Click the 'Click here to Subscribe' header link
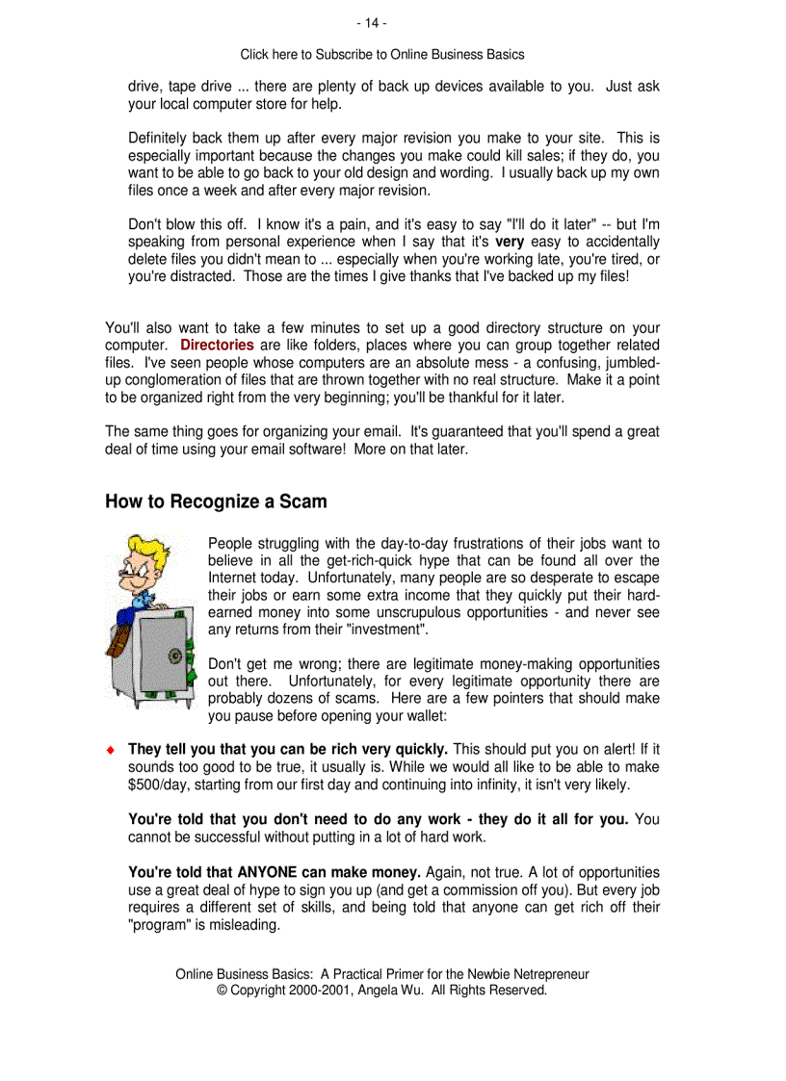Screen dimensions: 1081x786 [381, 55]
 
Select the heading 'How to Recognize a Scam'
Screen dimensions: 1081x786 [216, 502]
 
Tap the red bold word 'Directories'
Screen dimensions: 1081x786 [217, 345]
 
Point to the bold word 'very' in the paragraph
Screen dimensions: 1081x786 [509, 242]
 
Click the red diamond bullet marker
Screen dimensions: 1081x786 [111, 750]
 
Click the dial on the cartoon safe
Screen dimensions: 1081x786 [174, 656]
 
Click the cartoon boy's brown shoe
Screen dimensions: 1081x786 [118, 640]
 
